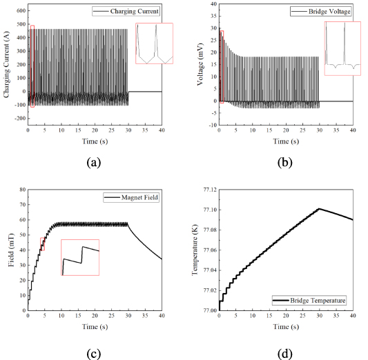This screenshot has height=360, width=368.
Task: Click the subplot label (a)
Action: pyautogui.click(x=95, y=163)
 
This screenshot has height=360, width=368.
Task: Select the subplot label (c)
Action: pyautogui.click(x=95, y=354)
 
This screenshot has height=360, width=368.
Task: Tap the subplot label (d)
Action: pyautogui.click(x=285, y=354)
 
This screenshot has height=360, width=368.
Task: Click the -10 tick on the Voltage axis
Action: pyautogui.click(x=211, y=126)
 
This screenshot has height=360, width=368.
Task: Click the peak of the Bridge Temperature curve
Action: pyautogui.click(x=319, y=208)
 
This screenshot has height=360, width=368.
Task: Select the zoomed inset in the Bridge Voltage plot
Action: pyautogui.click(x=343, y=46)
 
